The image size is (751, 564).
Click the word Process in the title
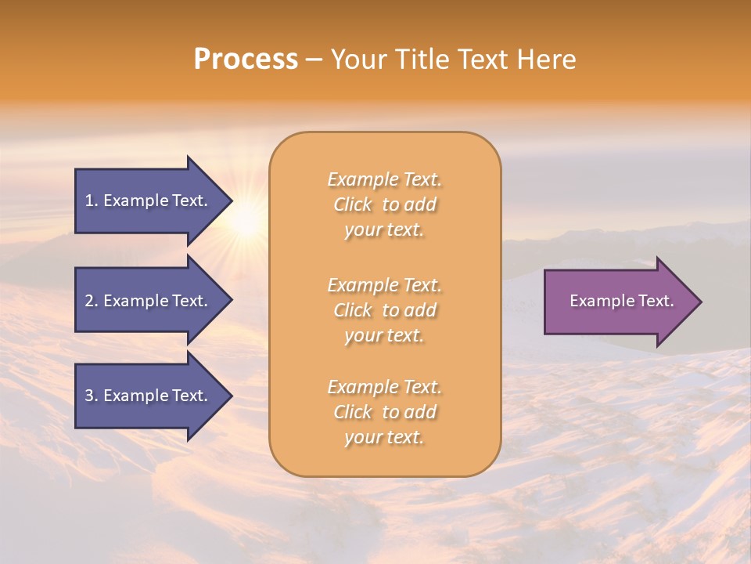[x=246, y=60]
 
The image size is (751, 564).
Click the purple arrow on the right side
[x=618, y=302]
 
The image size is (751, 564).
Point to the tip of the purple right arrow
[x=700, y=302]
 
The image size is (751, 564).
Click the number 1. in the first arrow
[x=92, y=201]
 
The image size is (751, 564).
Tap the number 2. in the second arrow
[x=92, y=301]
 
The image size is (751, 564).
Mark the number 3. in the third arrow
[x=92, y=396]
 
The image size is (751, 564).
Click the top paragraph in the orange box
[x=384, y=204]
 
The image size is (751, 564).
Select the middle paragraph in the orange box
[x=384, y=310]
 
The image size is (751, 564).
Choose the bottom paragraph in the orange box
[x=384, y=412]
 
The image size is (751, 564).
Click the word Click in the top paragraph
[x=352, y=204]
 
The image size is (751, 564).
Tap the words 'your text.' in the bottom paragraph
[x=384, y=437]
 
